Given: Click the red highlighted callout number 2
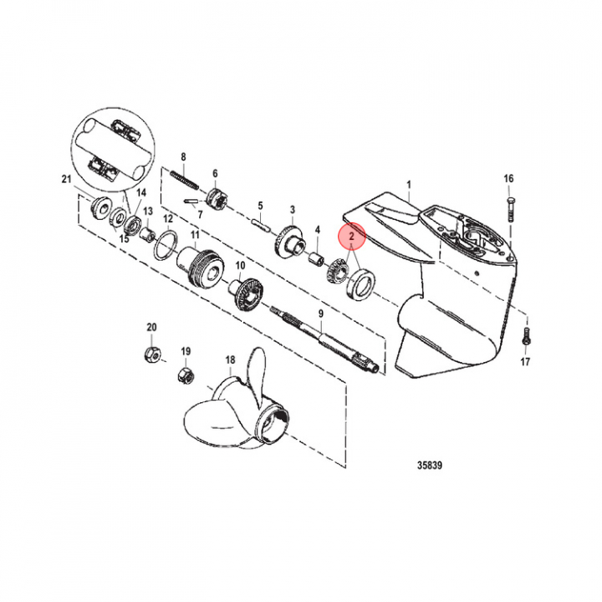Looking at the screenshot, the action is coord(352,237).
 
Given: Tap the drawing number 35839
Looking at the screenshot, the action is coord(430,466).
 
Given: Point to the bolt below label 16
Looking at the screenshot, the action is coord(511,209).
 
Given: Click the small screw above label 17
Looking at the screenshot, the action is coord(525,336).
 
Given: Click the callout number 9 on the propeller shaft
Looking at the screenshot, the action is coord(320,314).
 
